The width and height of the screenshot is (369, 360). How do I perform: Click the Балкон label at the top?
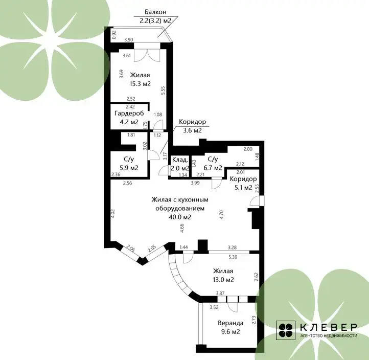click(155, 12)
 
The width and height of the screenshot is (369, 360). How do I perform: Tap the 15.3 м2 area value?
click(140, 83)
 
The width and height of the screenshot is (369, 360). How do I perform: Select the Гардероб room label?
click(129, 113)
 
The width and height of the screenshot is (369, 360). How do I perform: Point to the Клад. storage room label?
click(180, 160)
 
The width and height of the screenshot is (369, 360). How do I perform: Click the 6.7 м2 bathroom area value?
click(213, 168)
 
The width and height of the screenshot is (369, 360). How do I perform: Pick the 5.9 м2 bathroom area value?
click(129, 168)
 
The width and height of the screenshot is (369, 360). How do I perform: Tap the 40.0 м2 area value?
click(180, 217)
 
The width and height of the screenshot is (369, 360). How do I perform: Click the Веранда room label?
click(230, 323)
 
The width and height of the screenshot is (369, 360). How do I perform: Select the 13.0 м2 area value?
click(223, 280)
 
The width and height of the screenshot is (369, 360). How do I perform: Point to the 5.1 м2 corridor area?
click(243, 188)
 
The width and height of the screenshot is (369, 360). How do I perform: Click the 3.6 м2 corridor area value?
click(192, 130)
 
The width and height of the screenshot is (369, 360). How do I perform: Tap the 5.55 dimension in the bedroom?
click(164, 91)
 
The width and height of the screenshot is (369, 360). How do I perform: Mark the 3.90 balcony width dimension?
click(128, 40)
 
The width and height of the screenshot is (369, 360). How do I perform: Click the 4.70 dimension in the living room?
click(221, 215)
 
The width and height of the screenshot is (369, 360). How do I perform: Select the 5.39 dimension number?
click(233, 257)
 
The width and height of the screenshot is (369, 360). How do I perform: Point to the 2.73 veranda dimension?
click(253, 320)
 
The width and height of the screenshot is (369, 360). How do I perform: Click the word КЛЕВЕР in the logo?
click(329, 327)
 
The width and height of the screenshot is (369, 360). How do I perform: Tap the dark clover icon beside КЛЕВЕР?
click(286, 330)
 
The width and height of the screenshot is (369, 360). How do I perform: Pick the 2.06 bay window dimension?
click(130, 249)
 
